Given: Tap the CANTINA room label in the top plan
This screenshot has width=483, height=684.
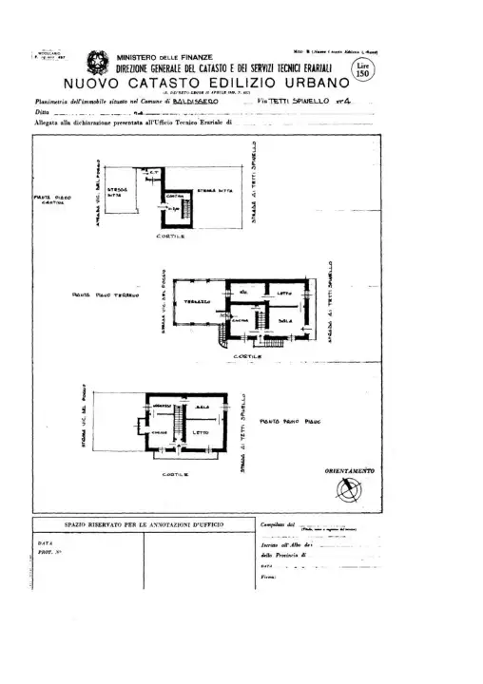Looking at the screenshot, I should point(172,198).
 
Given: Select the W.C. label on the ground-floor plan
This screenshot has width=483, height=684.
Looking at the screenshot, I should point(244,291).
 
